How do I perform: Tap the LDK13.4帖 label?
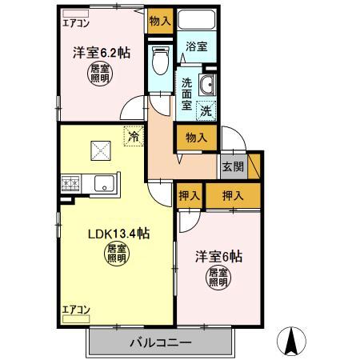[x=118, y=234]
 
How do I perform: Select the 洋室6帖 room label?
[x=218, y=258]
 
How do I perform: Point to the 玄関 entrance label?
[x=233, y=167]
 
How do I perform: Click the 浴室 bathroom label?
[x=196, y=47]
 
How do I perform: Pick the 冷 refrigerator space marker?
[x=134, y=136]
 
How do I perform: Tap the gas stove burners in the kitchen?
[x=70, y=184]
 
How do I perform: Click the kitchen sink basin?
[x=104, y=184]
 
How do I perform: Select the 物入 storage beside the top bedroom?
[x=159, y=22]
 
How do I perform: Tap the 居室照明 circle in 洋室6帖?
[x=218, y=278]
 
